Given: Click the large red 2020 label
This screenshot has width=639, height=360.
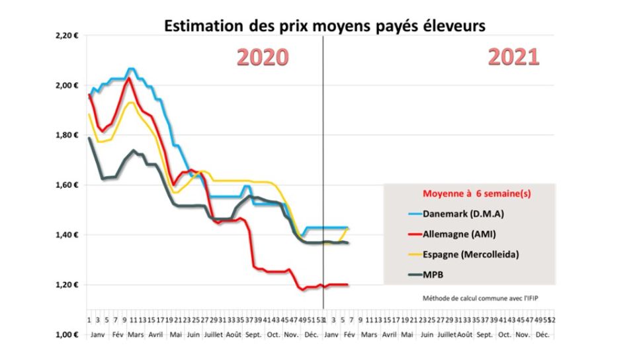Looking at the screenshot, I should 263,57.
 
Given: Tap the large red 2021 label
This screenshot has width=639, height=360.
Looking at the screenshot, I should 513,57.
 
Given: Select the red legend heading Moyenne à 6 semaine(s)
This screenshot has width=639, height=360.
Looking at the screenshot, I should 469,195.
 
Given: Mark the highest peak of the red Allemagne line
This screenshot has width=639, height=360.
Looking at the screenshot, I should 128,79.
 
